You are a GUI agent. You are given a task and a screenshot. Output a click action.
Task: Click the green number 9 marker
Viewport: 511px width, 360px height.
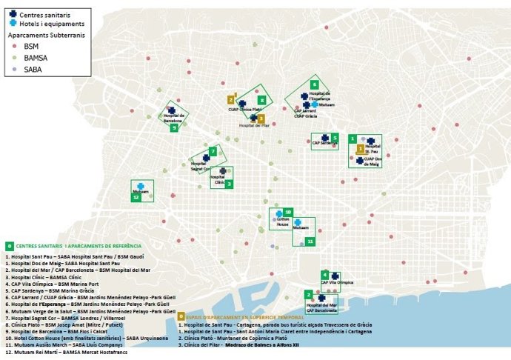pos(174,127)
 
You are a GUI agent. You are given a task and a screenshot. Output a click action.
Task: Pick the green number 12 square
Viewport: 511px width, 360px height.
pos(135,198)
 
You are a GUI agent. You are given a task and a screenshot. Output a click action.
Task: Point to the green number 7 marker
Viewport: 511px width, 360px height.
pos(213,152)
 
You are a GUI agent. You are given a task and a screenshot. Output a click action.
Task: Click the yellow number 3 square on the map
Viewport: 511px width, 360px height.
pos(261,118)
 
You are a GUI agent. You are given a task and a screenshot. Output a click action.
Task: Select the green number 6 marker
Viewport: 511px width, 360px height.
pos(314,84)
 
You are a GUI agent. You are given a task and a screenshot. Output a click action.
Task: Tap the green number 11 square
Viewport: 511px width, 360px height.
pos(310,241)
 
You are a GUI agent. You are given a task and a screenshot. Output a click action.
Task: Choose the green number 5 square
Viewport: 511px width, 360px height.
pos(335,138)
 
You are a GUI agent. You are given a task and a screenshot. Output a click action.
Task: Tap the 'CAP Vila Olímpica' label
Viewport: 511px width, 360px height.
pos(337,283)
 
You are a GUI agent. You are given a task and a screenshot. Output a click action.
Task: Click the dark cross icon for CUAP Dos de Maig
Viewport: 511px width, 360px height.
pos(360,160)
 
